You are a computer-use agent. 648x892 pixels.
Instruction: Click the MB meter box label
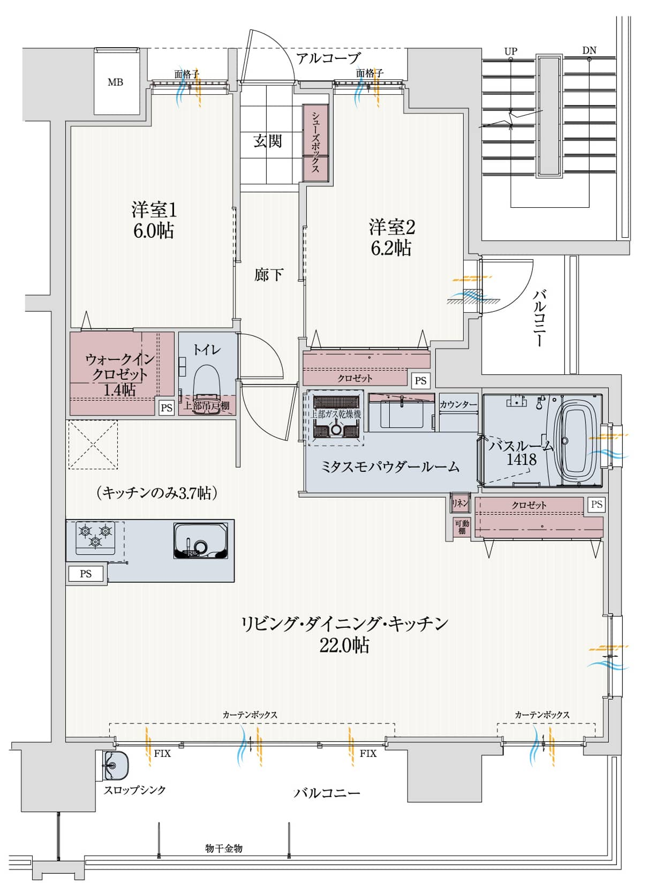point(115,82)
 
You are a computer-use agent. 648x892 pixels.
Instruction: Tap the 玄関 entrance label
point(267,141)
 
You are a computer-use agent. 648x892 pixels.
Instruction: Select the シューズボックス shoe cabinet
point(315,143)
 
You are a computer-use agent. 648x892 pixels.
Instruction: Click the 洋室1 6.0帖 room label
point(153,220)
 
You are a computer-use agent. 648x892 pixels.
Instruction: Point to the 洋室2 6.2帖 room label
point(391,237)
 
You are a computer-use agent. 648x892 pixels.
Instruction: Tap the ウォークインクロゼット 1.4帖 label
point(119,374)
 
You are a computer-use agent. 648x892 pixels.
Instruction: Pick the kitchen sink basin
point(200,540)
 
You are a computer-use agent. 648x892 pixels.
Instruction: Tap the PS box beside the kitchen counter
point(86,574)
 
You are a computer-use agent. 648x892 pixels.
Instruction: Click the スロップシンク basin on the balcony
point(115,764)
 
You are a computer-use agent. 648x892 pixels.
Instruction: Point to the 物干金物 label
point(224,848)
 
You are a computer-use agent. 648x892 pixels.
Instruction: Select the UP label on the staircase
point(510,51)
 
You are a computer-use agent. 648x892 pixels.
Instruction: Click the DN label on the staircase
point(589,51)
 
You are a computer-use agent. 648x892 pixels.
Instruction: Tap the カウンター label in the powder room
point(458,404)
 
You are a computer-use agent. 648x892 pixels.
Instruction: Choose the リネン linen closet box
point(460,503)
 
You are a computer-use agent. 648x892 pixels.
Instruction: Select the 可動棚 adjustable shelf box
point(461,527)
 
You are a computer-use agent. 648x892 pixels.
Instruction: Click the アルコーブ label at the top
point(328,58)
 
